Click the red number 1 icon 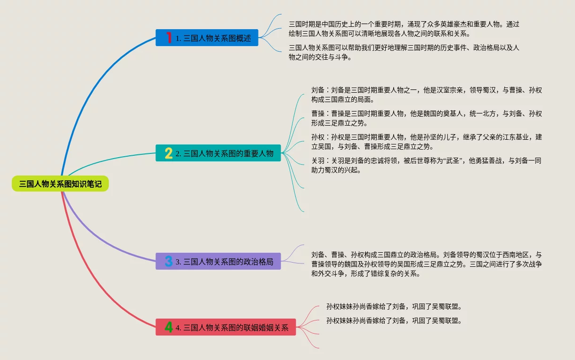169,38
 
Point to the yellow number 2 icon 169,153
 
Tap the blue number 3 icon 169,261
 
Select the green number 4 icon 169,327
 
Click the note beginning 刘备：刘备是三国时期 426,95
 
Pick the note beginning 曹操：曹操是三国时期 426,118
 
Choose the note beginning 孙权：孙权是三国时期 426,142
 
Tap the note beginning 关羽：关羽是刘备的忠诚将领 426,165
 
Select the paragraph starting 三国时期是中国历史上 404,29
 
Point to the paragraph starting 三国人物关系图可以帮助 404,52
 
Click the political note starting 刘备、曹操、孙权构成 426,264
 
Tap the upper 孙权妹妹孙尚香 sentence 394,306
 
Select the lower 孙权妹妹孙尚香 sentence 394,321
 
